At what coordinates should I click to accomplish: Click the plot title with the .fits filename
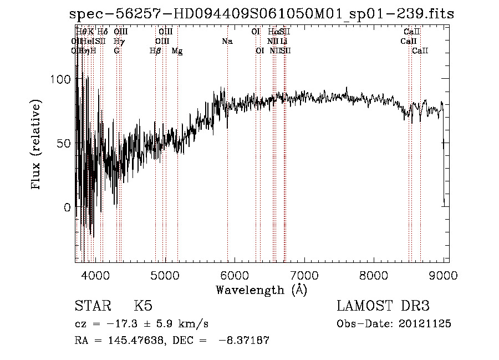tap(262, 14)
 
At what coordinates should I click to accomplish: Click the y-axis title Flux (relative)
tap(37, 145)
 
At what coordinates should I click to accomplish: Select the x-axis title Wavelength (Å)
tap(261, 290)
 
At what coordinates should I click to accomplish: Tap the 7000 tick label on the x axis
tap(304, 275)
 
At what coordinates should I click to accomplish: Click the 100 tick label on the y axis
tap(62, 79)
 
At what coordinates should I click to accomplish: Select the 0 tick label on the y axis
tap(68, 207)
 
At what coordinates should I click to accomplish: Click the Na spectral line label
tap(227, 42)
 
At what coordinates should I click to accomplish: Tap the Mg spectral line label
tap(177, 51)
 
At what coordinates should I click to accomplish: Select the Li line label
tap(284, 42)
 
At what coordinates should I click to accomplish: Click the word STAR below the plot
tap(92, 306)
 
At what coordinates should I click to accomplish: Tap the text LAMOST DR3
tap(383, 306)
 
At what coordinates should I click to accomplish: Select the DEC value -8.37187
tap(245, 341)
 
